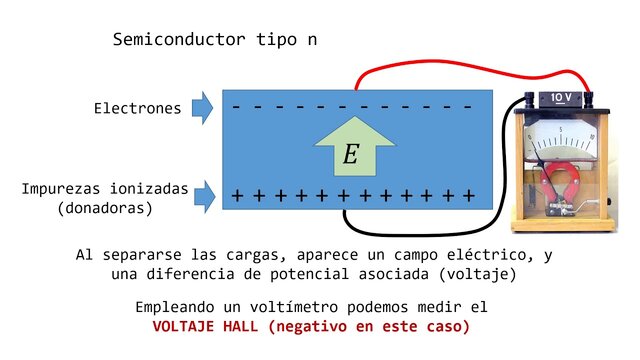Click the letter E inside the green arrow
tap(350, 154)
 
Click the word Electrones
tap(138, 108)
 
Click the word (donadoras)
tap(105, 208)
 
